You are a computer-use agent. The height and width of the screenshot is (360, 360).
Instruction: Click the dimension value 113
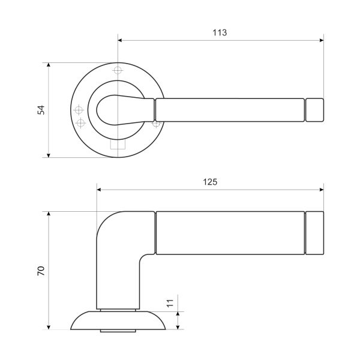[220, 32]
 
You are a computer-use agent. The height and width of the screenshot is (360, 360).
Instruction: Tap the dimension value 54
[41, 110]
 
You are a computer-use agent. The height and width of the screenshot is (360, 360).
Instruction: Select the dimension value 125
[210, 182]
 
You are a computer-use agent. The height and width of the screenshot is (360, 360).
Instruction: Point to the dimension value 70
[41, 271]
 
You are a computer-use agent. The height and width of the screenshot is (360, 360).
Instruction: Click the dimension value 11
[170, 303]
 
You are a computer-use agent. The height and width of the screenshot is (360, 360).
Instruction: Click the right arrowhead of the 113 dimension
[322, 40]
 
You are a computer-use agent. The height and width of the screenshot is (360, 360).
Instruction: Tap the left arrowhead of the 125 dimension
[99, 190]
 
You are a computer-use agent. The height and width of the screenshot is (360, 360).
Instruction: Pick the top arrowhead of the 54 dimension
[49, 65]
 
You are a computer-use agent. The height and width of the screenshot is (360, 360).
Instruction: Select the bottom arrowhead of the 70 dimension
[49, 327]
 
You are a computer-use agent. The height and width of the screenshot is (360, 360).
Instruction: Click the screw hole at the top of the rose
[118, 70]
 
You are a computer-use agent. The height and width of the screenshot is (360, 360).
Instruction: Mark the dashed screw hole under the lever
[156, 124]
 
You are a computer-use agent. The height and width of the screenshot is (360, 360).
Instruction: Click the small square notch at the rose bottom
[118, 144]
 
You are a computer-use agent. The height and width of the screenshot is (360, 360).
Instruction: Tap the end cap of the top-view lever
[314, 110]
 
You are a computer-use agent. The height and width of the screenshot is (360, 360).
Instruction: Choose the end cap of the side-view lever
[314, 233]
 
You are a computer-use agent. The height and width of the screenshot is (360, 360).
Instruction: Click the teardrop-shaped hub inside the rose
[125, 110]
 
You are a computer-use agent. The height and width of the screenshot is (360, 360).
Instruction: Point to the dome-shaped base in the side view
[118, 320]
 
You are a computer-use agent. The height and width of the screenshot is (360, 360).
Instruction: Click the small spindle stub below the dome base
[118, 331]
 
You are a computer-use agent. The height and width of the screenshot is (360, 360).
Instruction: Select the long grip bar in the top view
[230, 110]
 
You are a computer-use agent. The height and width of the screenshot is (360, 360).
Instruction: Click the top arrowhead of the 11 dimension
[178, 314]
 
